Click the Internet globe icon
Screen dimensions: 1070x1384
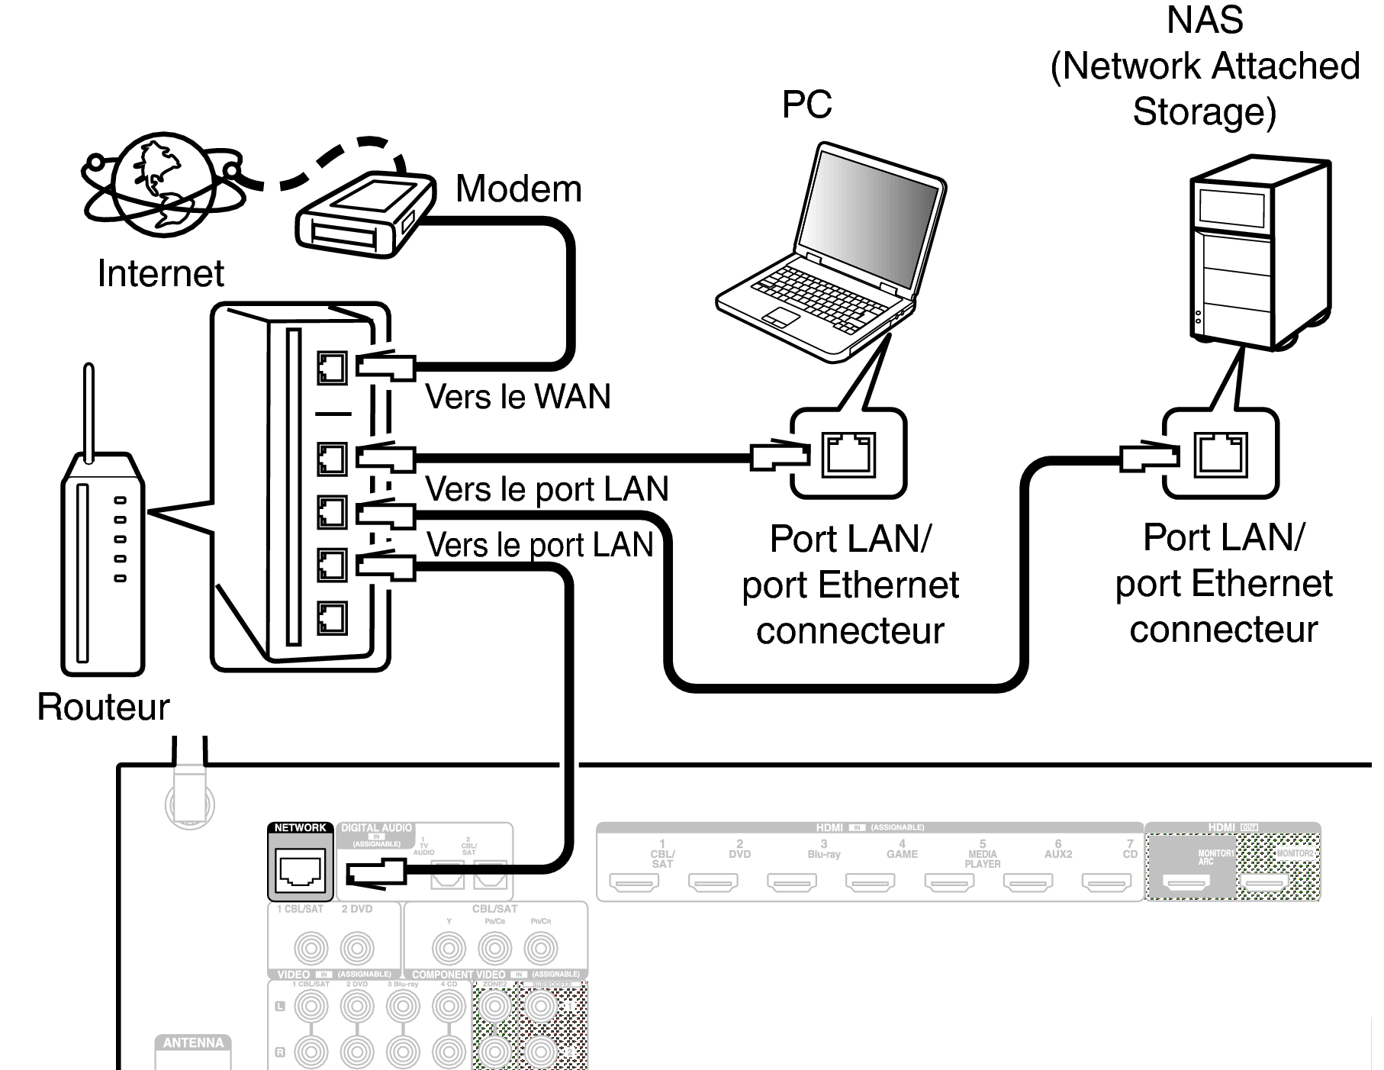pyautogui.click(x=162, y=182)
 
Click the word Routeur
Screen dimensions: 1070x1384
pyautogui.click(x=103, y=707)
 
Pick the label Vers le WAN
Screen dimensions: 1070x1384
pyautogui.click(x=518, y=397)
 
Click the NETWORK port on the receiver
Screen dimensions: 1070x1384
pyautogui.click(x=301, y=869)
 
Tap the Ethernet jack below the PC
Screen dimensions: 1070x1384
pyautogui.click(x=848, y=454)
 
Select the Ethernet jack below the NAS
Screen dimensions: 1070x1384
pyautogui.click(x=1220, y=453)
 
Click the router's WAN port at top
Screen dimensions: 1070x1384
pyautogui.click(x=332, y=368)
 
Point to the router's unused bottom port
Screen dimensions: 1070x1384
pyautogui.click(x=332, y=617)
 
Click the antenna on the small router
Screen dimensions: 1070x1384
pyautogui.click(x=89, y=412)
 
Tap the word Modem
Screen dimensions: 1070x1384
pyautogui.click(x=519, y=189)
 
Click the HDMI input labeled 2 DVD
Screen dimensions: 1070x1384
pyautogui.click(x=713, y=882)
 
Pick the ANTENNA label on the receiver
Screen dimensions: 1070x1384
pyautogui.click(x=193, y=1043)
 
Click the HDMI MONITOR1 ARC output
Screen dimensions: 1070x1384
pyautogui.click(x=1186, y=882)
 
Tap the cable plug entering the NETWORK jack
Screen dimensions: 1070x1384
pyautogui.click(x=375, y=872)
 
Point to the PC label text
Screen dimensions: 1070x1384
pyautogui.click(x=806, y=104)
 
